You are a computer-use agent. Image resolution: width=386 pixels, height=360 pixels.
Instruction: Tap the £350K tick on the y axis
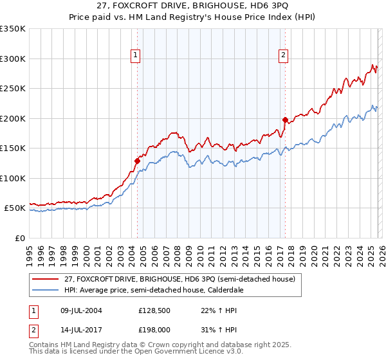(13, 29)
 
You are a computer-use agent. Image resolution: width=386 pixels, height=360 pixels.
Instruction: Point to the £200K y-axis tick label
(13, 118)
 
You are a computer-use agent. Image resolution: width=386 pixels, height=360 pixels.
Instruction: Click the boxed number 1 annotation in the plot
(136, 56)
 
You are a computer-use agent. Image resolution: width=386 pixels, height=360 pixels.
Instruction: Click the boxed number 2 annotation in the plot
(283, 56)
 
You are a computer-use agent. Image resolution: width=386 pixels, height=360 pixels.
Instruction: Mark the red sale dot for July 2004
(137, 161)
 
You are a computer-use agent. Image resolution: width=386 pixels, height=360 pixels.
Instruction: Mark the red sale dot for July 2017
(285, 120)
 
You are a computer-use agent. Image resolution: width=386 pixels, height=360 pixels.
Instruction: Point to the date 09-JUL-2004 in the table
(78, 310)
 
